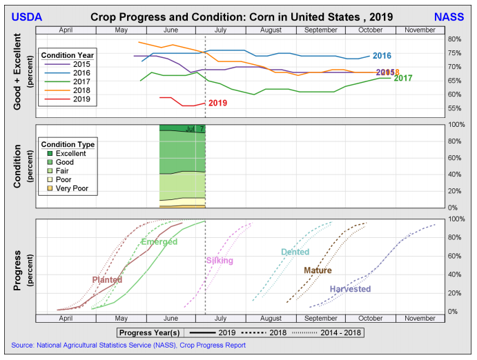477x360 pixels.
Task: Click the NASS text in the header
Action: tap(449, 16)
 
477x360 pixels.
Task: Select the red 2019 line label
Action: tap(217, 103)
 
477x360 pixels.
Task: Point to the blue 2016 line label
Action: tap(382, 56)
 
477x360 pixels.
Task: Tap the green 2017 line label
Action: tap(403, 78)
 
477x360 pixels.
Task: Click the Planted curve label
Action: tap(107, 279)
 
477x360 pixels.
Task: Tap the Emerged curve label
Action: tap(158, 241)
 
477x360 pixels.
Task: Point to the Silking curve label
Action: tap(220, 260)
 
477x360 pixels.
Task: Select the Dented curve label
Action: tap(295, 252)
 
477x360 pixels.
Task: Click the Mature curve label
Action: tap(318, 270)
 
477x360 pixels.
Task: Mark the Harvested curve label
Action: tap(350, 289)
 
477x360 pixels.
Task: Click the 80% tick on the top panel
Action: tap(454, 39)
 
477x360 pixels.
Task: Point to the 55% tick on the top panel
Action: tap(454, 108)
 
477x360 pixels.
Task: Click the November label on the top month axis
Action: tap(419, 30)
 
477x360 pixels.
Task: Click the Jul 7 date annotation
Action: tap(195, 129)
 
